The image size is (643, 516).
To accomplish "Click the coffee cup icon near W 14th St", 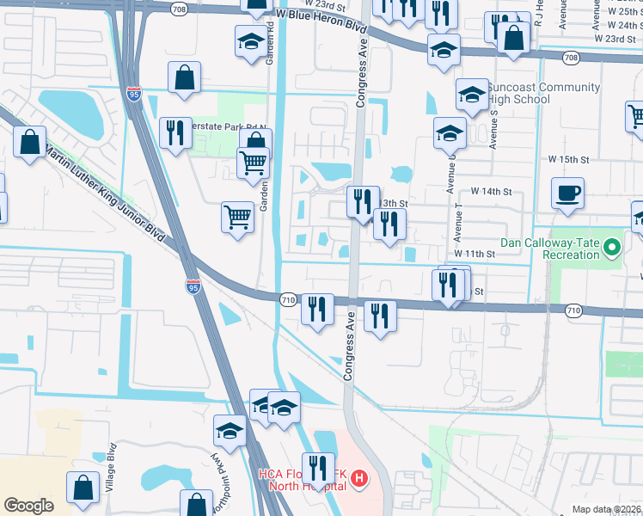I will click(x=566, y=193).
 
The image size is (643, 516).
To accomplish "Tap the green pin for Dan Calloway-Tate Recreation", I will click(x=611, y=249).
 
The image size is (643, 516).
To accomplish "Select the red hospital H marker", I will click(x=360, y=476).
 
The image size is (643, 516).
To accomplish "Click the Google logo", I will click(x=28, y=505).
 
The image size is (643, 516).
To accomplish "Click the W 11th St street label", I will click(x=475, y=255).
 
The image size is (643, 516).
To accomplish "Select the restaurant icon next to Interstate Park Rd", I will click(x=175, y=132).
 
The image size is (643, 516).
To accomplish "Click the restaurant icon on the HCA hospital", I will click(x=318, y=468).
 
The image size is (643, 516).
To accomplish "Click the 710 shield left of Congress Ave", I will click(x=287, y=298).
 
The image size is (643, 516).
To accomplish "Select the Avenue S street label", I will click(x=494, y=129).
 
